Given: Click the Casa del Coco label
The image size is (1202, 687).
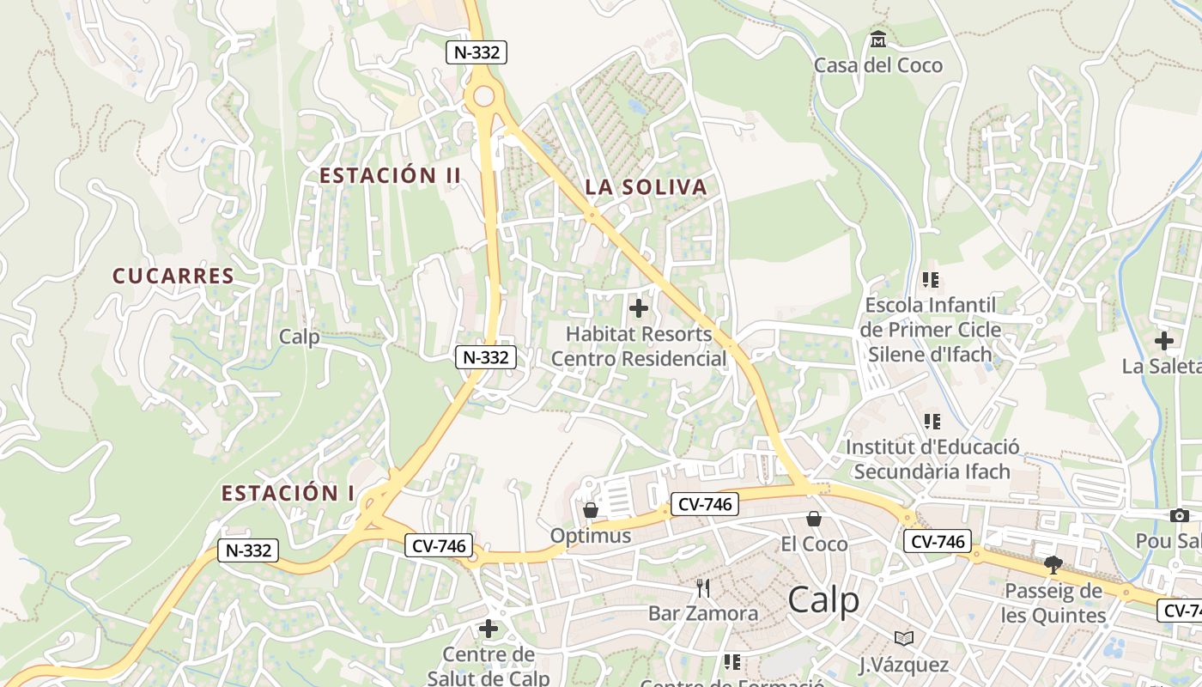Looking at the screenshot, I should coord(877,65).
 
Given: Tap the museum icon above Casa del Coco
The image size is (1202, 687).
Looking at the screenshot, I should coord(878,40).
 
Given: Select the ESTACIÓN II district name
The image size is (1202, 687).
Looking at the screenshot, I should coord(391,176).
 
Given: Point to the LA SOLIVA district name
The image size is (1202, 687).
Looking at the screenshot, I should coord(646,187).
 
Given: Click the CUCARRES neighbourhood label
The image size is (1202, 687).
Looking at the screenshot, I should coord(173,276).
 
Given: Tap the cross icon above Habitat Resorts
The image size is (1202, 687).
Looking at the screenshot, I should coord(639,307).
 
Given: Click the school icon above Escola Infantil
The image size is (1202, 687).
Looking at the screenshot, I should coord(931,280).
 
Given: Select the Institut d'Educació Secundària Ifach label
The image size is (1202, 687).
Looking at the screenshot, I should coord(932,459).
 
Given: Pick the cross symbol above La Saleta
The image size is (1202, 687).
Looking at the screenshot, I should coord(1163,341).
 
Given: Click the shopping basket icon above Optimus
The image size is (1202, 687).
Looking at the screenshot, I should coord(591,510).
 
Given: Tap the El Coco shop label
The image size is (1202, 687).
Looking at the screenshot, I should coord(814,544).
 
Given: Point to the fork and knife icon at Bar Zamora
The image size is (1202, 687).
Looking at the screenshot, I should coord(703,588).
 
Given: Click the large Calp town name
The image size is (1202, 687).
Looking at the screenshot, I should coord(823,600).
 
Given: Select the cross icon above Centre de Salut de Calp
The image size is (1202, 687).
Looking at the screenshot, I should coord(489,629).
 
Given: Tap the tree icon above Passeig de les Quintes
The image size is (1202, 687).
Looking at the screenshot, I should coord(1053,565).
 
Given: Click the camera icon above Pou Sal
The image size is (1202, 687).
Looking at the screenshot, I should coord(1180,516).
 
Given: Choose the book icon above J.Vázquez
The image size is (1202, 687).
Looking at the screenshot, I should coord(903,638).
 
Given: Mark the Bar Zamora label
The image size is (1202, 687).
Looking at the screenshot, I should coord(703,613).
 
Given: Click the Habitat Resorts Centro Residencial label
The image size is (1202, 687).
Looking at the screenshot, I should coord(639,346).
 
